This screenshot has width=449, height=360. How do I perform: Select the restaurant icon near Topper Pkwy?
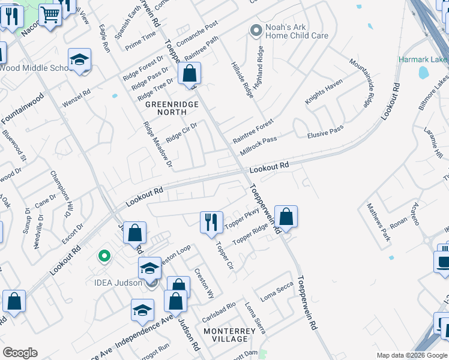coord(211,223)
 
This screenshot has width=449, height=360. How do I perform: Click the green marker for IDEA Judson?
coord(104,257)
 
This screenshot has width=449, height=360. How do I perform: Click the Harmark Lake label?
coord(424,60)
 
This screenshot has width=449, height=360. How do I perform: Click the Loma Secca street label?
coord(276,292)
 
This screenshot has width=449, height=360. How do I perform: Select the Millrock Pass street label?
coord(258,146)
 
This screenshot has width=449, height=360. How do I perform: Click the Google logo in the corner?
coord(20,353)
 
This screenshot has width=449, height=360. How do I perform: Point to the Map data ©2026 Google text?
coord(412,355)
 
